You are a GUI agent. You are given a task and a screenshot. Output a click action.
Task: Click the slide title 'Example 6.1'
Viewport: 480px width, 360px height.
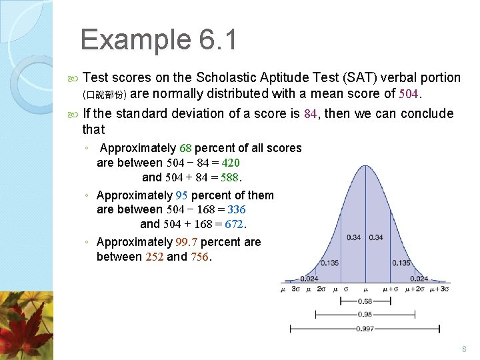point(158,40)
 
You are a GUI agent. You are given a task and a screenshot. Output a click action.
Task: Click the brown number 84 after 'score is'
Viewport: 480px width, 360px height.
point(311,114)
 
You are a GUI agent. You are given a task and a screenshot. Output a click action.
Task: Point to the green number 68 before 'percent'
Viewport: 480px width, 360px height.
point(185,148)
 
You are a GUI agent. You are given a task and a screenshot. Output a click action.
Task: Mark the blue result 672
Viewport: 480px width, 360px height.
point(235,224)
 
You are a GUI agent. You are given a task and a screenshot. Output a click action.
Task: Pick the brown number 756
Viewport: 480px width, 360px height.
point(199,257)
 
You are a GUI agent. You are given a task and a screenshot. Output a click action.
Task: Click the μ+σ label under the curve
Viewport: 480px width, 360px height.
point(391,289)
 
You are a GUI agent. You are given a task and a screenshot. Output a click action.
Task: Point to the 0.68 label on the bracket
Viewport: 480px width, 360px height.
point(365,301)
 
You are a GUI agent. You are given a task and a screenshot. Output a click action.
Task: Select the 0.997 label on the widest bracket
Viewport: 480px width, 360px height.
point(365,328)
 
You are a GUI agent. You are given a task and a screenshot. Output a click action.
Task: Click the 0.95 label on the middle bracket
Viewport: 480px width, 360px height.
point(365,314)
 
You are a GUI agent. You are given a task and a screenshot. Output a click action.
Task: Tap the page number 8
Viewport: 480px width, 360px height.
point(464,349)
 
